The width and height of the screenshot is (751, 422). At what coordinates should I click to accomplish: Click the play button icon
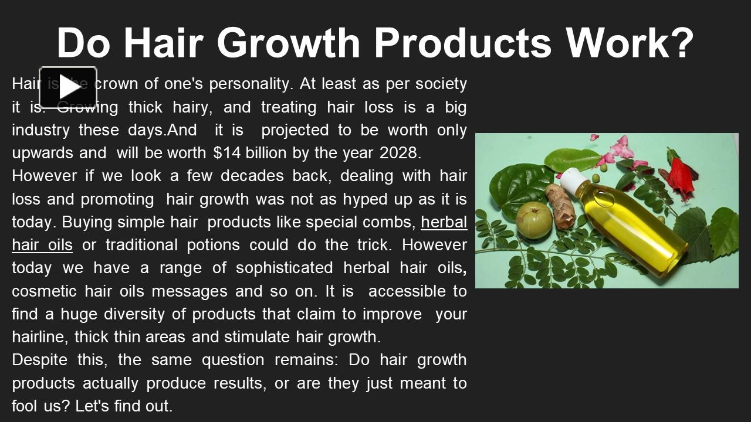point(68,87)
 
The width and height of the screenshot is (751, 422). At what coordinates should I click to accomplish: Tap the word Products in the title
point(463,42)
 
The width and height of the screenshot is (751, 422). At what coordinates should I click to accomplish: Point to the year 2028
point(400,153)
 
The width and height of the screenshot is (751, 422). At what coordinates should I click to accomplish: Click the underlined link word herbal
point(444,222)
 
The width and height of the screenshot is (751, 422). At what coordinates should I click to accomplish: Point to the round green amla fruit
point(533,220)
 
